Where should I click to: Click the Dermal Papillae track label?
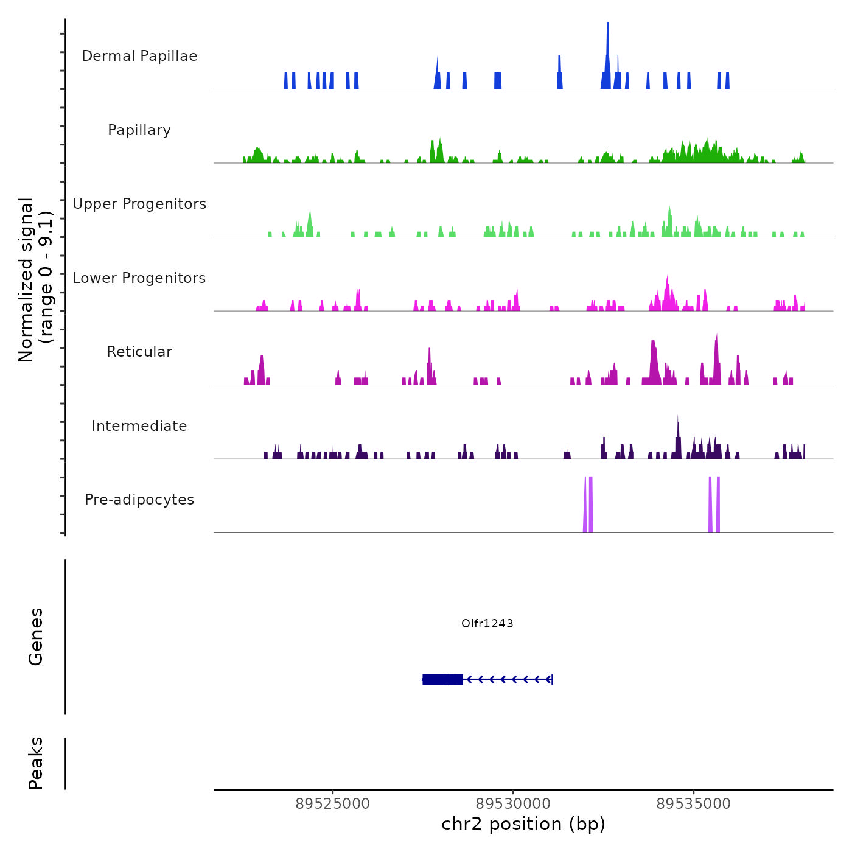(x=139, y=56)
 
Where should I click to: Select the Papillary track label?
(x=139, y=130)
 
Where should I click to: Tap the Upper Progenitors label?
(x=139, y=204)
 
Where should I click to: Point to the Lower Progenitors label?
(x=139, y=278)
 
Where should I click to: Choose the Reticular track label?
(x=139, y=352)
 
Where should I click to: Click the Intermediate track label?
(x=139, y=426)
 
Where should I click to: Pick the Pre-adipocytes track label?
(x=139, y=500)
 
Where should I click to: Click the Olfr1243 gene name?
(x=487, y=623)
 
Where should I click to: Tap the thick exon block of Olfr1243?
(x=442, y=679)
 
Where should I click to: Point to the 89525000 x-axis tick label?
(x=332, y=804)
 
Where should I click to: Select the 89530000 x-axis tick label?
(x=513, y=804)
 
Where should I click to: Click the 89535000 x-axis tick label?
(x=693, y=804)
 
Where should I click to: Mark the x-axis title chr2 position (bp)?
(x=523, y=824)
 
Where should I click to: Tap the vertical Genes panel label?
(x=36, y=637)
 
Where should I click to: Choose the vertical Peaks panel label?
(x=36, y=763)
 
